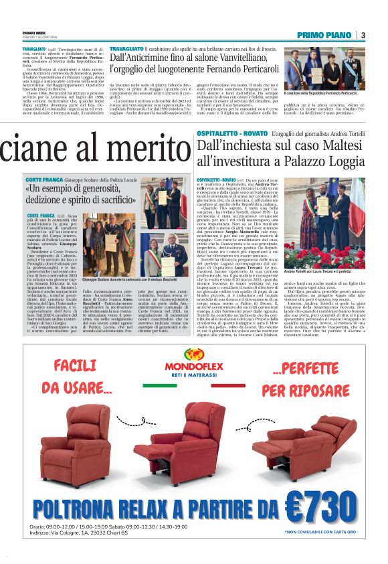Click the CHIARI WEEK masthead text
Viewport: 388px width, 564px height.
pyautogui.click(x=35, y=33)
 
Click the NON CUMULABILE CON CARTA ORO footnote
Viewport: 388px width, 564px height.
pyautogui.click(x=321, y=533)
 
